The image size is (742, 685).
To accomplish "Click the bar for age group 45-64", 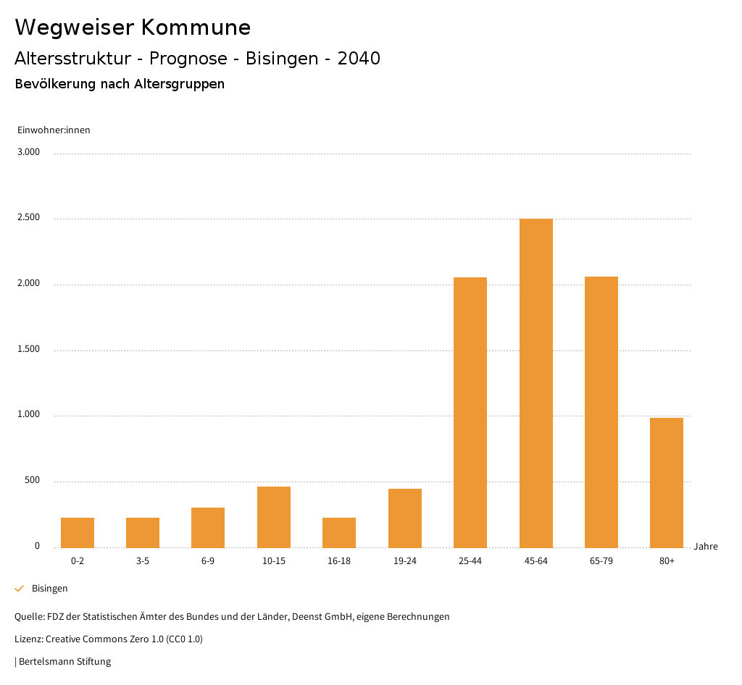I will (x=535, y=383).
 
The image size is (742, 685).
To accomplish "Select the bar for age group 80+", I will (x=667, y=482).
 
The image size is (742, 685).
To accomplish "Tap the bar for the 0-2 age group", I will (x=78, y=532).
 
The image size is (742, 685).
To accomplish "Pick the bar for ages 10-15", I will (x=274, y=517).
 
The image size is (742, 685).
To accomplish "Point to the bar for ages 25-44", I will (x=470, y=412).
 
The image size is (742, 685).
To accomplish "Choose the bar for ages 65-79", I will (x=601, y=412).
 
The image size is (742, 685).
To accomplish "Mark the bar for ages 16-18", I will (x=339, y=532).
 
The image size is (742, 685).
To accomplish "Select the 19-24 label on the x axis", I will (x=404, y=561).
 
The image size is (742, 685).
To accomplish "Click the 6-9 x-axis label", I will (x=208, y=561).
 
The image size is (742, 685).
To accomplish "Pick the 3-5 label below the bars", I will (x=143, y=561).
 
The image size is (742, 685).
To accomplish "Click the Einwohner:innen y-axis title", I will (x=54, y=130).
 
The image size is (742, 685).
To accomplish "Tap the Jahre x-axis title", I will (x=706, y=547).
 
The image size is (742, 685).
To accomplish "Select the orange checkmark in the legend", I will (x=20, y=589).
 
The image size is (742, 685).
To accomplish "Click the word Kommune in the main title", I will (x=196, y=28).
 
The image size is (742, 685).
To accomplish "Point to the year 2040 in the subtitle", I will (x=359, y=59).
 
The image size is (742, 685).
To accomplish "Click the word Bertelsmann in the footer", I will (x=46, y=661).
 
